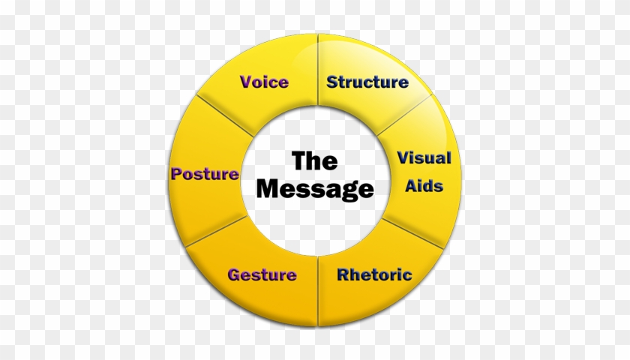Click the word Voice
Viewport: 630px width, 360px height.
(x=264, y=82)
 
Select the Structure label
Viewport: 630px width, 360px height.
(x=367, y=82)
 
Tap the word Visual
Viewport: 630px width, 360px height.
(x=424, y=158)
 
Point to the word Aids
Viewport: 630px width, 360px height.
(x=424, y=185)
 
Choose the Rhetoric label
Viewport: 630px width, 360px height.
(x=374, y=274)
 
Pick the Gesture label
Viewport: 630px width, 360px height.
(x=262, y=274)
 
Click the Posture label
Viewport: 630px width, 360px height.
(x=205, y=174)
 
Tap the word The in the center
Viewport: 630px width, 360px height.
(x=314, y=160)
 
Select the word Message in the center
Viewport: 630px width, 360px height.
(x=314, y=188)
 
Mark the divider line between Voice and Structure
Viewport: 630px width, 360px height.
(x=318, y=71)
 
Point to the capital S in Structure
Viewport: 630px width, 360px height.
(x=331, y=82)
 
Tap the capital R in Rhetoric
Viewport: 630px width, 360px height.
(x=342, y=274)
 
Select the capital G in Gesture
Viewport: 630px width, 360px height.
(x=234, y=274)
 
